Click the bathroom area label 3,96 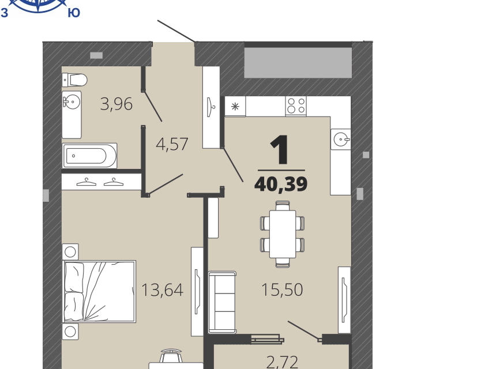(116, 104)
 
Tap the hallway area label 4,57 (172, 144)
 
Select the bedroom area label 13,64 (162, 289)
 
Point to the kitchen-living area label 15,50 (282, 289)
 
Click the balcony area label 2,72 (282, 362)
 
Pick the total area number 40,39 (281, 184)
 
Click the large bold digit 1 (280, 149)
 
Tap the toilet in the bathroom (74, 80)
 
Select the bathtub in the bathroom (90, 156)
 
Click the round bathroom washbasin (72, 101)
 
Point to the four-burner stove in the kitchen (296, 106)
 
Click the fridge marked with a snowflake (235, 106)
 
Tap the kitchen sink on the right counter (341, 139)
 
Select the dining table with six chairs (283, 234)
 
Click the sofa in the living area (222, 302)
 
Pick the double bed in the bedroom (100, 291)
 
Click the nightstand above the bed (70, 252)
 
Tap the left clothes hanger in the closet (87, 182)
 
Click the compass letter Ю (74, 13)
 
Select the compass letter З (5, 13)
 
